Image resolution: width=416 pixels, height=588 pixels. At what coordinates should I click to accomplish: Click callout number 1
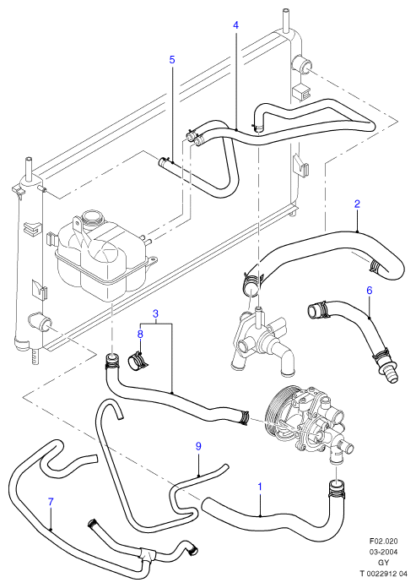(x=260, y=487)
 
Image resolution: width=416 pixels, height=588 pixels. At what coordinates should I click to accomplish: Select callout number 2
(x=357, y=204)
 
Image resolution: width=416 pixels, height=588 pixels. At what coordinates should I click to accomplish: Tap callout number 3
(x=156, y=313)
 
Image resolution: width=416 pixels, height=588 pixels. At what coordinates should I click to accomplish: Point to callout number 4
(x=235, y=25)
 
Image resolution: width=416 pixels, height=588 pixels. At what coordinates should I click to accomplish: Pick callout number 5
(x=172, y=60)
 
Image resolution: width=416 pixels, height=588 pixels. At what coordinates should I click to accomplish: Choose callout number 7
(x=51, y=501)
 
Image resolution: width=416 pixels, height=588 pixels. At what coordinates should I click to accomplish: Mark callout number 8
(x=140, y=334)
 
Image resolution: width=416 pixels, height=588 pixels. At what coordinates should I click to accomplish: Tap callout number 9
(x=198, y=446)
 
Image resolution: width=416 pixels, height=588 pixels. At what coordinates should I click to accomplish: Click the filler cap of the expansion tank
(x=91, y=218)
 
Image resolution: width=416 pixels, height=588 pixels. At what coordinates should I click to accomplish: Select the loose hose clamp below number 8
(x=137, y=360)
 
